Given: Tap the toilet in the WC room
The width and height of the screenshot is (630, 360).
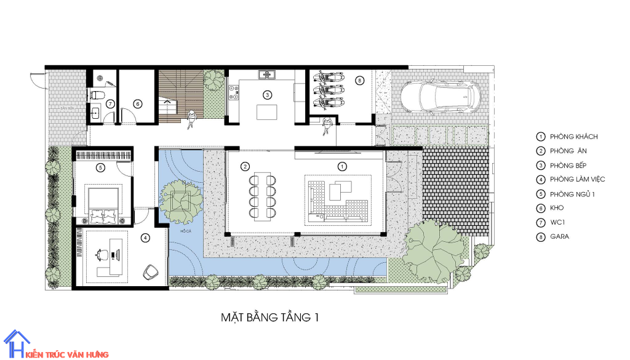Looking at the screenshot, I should coord(96,95).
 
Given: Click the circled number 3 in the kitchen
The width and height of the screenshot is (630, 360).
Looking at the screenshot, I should coord(267,95).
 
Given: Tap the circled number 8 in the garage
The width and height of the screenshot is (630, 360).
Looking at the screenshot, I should coord(360,79).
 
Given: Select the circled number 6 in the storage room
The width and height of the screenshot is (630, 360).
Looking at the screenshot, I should coord(138,103).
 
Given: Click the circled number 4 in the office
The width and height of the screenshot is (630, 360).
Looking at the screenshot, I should coord(145,237).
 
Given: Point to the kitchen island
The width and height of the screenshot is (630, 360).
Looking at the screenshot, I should coord(267,113).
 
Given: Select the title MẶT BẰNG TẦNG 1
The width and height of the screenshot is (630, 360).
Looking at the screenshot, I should coord(270,318).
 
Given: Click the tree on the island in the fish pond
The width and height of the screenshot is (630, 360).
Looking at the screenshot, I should coord(181,199).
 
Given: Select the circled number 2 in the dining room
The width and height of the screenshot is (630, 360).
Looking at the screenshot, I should coord(245,166).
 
